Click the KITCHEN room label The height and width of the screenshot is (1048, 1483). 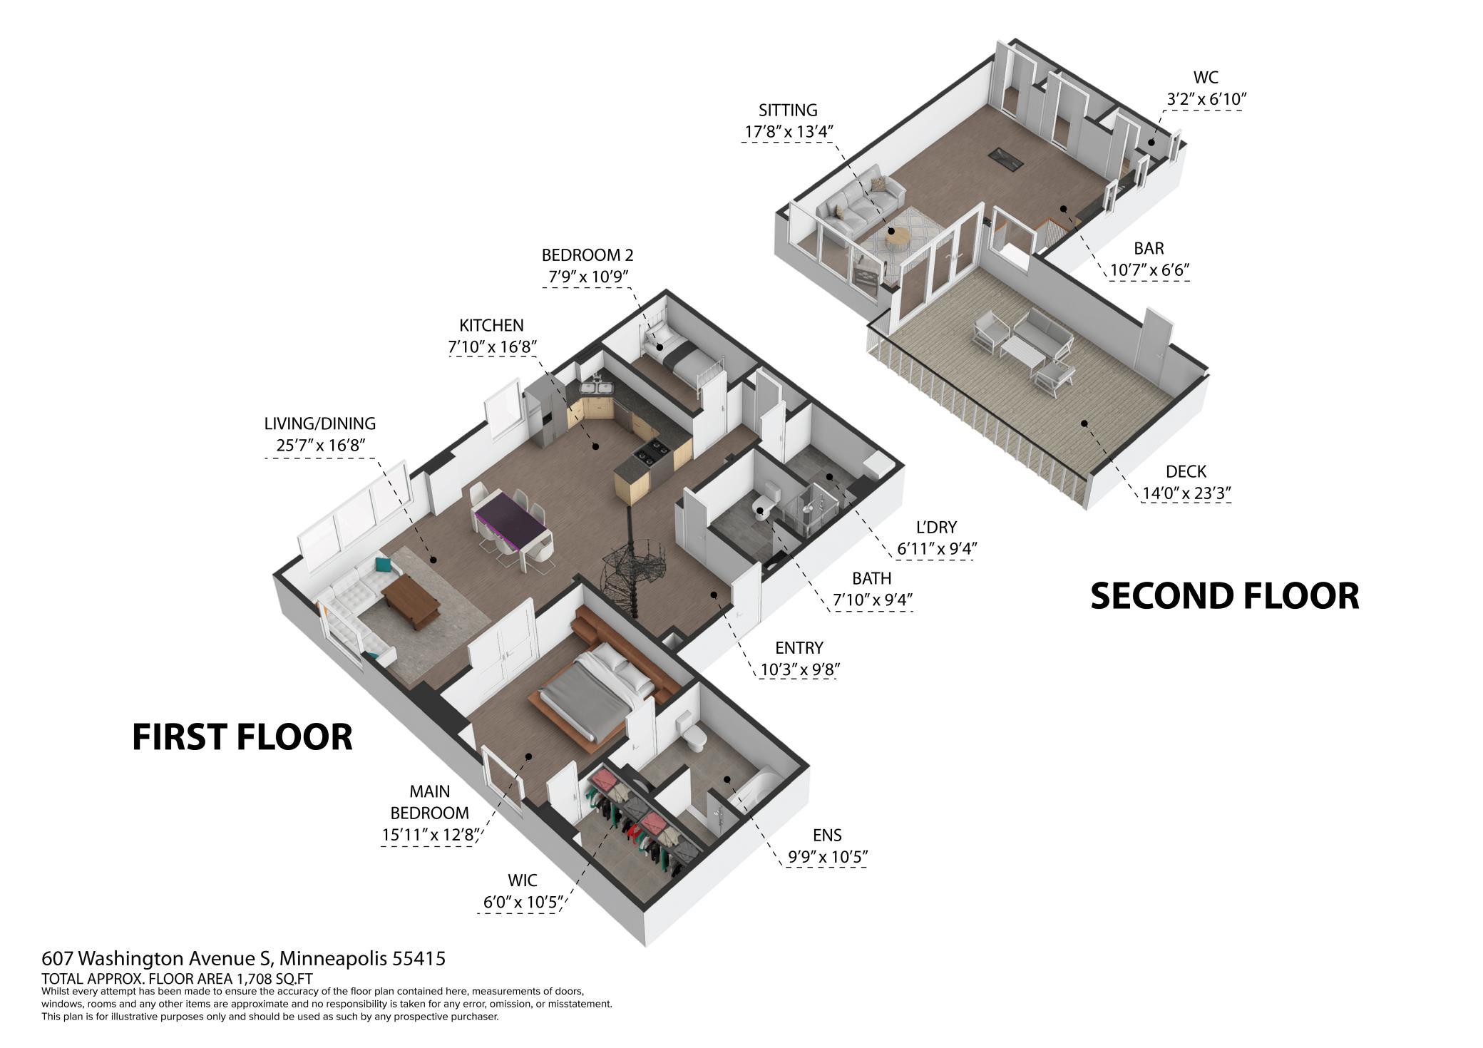(491, 325)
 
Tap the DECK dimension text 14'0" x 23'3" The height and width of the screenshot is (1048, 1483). (1187, 493)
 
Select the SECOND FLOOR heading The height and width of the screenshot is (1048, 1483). (1225, 596)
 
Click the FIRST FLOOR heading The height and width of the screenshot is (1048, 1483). (242, 737)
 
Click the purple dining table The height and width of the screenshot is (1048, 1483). (510, 521)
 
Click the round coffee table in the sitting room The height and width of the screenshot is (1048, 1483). (898, 237)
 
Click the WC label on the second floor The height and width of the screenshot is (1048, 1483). (1206, 77)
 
